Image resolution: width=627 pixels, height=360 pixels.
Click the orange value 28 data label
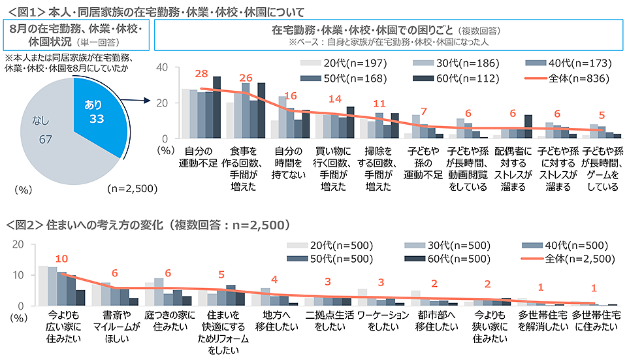(x=201, y=74)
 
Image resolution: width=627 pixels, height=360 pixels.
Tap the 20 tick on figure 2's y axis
(x=20, y=245)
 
